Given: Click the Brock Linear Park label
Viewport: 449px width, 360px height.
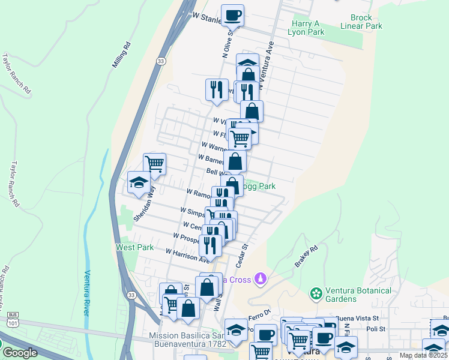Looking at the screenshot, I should [365, 22].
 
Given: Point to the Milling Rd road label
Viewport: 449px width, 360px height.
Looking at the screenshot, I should [121, 55].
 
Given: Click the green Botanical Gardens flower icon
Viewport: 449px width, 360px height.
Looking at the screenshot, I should [316, 293].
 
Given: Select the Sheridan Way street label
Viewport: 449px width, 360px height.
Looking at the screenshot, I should [142, 206].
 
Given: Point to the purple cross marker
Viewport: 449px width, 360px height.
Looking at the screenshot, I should [261, 278].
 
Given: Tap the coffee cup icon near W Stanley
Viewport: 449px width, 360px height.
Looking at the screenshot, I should [232, 15].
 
